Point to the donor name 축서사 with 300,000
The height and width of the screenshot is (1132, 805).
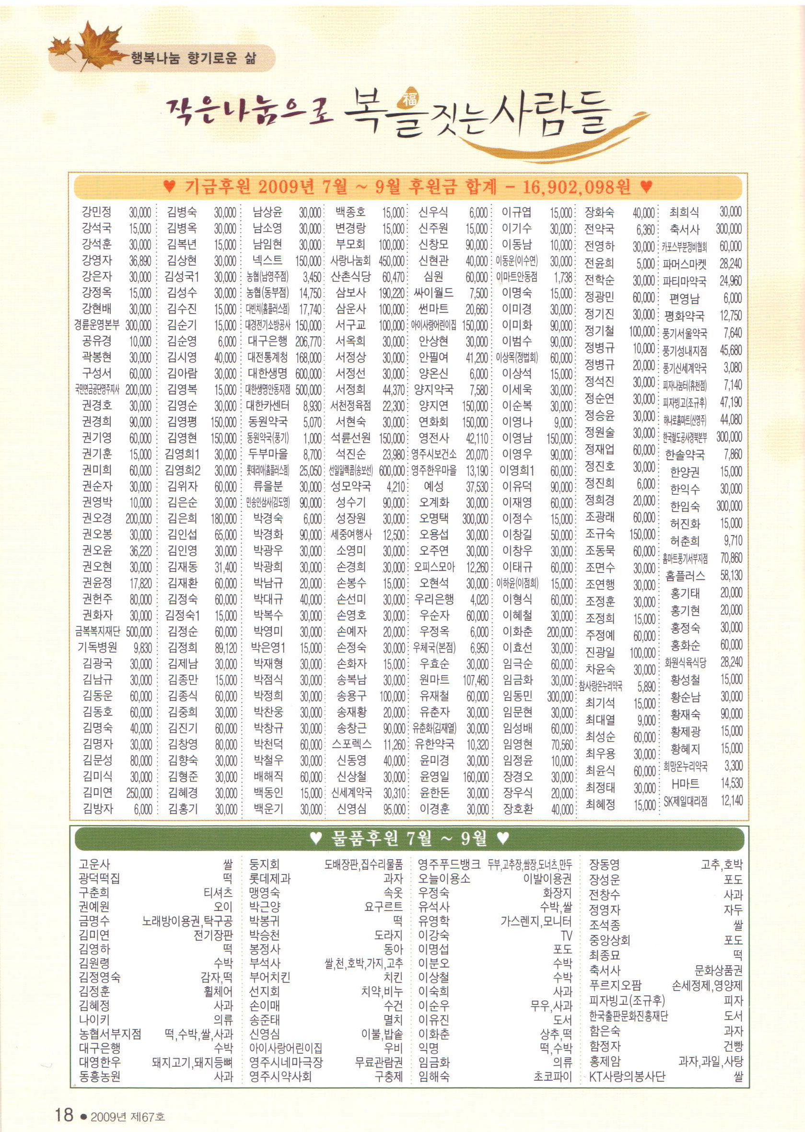(x=685, y=230)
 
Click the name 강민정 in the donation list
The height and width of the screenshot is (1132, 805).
(x=97, y=212)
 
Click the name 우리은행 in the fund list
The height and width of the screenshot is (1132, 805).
(x=434, y=600)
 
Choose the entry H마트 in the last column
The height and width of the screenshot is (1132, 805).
(x=685, y=783)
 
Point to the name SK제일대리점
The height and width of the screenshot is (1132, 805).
(x=686, y=800)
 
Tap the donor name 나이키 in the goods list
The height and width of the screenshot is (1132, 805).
(x=94, y=1020)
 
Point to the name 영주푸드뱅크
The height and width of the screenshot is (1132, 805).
(x=449, y=865)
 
